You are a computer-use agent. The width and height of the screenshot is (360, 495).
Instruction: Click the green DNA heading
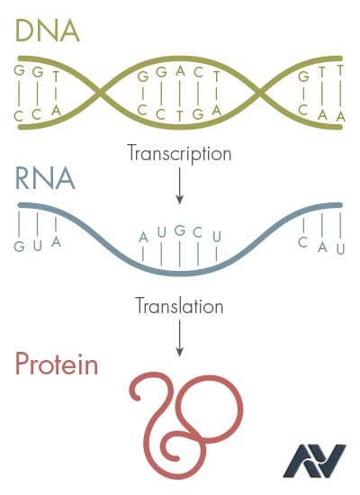(x=48, y=31)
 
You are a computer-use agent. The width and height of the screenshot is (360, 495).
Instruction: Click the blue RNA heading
(x=45, y=178)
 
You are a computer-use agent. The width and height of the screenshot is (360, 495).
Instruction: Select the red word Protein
(x=57, y=364)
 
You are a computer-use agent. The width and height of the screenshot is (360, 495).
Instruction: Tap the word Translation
(x=179, y=306)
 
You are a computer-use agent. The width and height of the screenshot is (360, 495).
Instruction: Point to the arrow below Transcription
(x=180, y=186)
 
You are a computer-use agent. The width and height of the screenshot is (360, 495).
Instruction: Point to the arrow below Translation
(x=180, y=338)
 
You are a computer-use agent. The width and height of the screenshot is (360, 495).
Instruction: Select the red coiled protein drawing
(x=186, y=425)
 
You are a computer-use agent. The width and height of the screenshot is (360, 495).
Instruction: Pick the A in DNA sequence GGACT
(x=180, y=71)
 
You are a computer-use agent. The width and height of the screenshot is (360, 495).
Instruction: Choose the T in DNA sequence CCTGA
(x=180, y=116)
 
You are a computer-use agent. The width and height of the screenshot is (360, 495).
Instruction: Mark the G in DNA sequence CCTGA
(x=198, y=114)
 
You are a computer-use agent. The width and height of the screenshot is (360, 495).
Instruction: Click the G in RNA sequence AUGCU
(x=180, y=230)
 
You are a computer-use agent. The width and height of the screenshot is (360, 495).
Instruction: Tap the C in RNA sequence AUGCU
(x=198, y=233)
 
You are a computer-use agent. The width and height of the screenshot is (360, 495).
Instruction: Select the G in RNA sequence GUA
(x=19, y=247)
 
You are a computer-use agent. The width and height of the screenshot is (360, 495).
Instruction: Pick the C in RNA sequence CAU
(x=302, y=242)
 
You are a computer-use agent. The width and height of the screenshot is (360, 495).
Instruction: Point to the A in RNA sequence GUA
(x=56, y=242)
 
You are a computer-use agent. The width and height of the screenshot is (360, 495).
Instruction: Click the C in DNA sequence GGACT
(x=198, y=73)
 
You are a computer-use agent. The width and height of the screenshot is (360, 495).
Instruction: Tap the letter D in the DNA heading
(x=24, y=31)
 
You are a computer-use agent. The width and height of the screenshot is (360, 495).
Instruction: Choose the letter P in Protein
(x=22, y=364)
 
